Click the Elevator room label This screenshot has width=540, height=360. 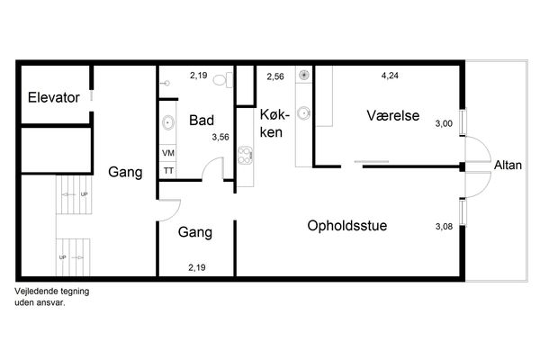(54, 97)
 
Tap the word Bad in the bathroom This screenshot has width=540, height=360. (202, 121)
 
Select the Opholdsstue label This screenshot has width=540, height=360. (347, 226)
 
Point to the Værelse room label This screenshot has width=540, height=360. (393, 115)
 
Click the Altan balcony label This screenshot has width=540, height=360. (508, 165)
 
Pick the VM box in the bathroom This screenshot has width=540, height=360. (168, 153)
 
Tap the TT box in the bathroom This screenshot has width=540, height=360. (168, 170)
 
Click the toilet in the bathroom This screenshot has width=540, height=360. (223, 80)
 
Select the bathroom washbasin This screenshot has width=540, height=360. (168, 122)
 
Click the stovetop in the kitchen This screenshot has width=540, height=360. (245, 156)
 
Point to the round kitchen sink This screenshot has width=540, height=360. (303, 113)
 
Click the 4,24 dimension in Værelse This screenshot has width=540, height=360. (390, 76)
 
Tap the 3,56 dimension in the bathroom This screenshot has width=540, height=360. (220, 137)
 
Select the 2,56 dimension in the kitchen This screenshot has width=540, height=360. (275, 76)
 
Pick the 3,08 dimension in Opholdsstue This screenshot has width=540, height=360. (444, 226)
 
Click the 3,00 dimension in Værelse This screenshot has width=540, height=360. (444, 123)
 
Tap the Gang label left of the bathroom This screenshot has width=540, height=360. (125, 172)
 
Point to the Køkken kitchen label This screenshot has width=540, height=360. (274, 123)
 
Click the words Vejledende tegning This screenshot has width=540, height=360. (52, 292)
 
